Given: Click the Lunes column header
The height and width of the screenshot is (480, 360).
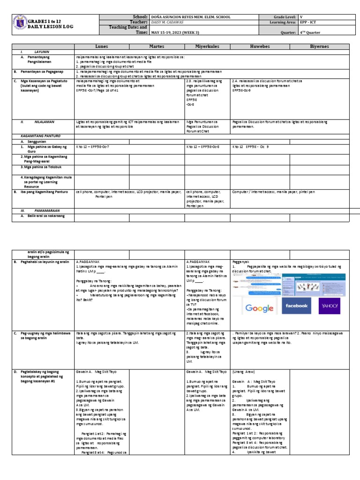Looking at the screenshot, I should point(102,47).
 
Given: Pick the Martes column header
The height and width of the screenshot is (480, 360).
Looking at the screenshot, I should point(157,47).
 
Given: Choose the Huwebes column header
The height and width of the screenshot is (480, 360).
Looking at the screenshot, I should point(260,47).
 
